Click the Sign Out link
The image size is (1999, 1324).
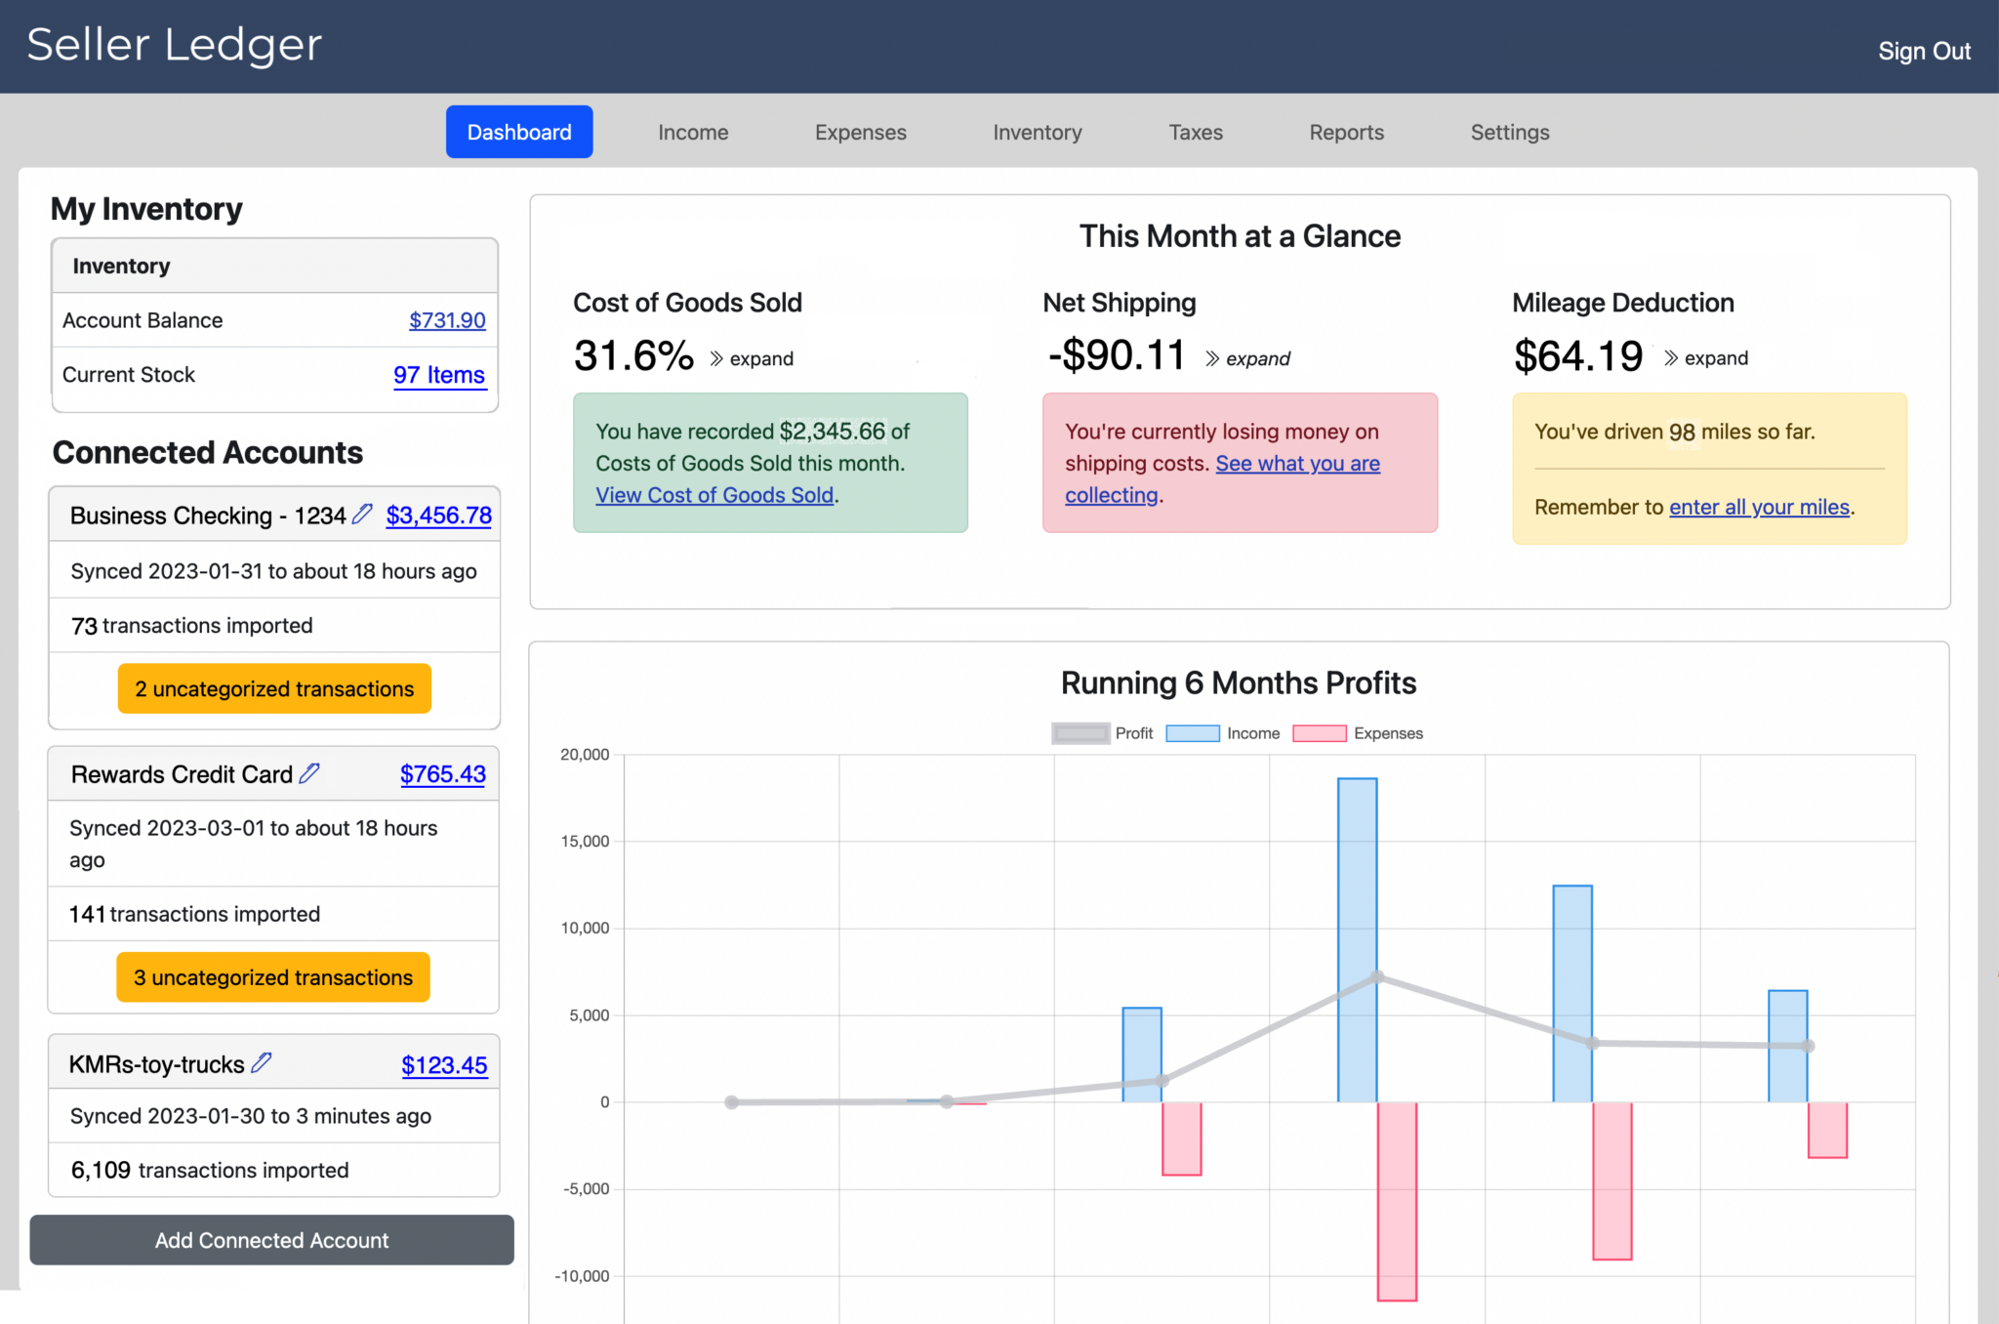pyautogui.click(x=1923, y=51)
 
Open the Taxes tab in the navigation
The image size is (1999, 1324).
pyautogui.click(x=1195, y=132)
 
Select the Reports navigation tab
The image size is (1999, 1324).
pyautogui.click(x=1346, y=132)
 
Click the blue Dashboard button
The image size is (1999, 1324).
pyautogui.click(x=519, y=132)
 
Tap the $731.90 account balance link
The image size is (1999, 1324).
pyautogui.click(x=447, y=320)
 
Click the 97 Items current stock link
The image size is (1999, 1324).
pyautogui.click(x=439, y=375)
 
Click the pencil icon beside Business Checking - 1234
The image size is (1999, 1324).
pyautogui.click(x=362, y=514)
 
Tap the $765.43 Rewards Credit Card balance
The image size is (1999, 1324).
pyautogui.click(x=442, y=774)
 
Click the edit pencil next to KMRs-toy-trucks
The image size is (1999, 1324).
pyautogui.click(x=262, y=1062)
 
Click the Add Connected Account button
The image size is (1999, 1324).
pyautogui.click(x=271, y=1240)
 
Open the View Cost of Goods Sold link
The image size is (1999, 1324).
pyautogui.click(x=714, y=495)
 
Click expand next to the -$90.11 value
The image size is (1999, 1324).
pyautogui.click(x=1248, y=358)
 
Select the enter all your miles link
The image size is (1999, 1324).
pyautogui.click(x=1759, y=507)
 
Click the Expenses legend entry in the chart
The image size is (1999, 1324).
pyautogui.click(x=1358, y=733)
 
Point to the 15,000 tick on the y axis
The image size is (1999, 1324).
pyautogui.click(x=585, y=841)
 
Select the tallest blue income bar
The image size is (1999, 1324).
pyautogui.click(x=1357, y=937)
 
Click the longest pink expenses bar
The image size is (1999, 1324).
pyautogui.click(x=1397, y=1201)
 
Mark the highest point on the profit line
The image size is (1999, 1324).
pyautogui.click(x=1377, y=977)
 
